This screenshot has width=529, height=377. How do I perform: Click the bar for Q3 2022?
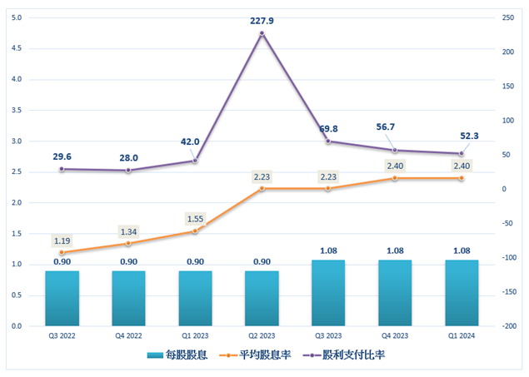pyautogui.click(x=62, y=298)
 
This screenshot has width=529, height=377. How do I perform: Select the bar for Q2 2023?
pyautogui.click(x=262, y=298)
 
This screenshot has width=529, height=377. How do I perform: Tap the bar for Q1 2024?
pyautogui.click(x=462, y=293)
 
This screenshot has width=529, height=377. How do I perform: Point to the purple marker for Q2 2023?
pyautogui.click(x=262, y=33)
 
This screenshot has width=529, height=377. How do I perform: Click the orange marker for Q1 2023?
pyautogui.click(x=195, y=231)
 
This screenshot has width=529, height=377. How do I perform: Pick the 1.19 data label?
pyautogui.click(x=62, y=241)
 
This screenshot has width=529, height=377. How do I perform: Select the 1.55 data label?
pyautogui.click(x=195, y=218)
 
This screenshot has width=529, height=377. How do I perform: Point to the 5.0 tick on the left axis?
pyautogui.click(x=17, y=17)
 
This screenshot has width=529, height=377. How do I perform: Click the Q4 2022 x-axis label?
pyautogui.click(x=128, y=336)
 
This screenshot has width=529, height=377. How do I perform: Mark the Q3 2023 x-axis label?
pyautogui.click(x=328, y=336)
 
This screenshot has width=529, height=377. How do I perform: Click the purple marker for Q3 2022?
pyautogui.click(x=62, y=169)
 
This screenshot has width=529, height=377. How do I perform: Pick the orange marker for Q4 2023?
pyautogui.click(x=395, y=178)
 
